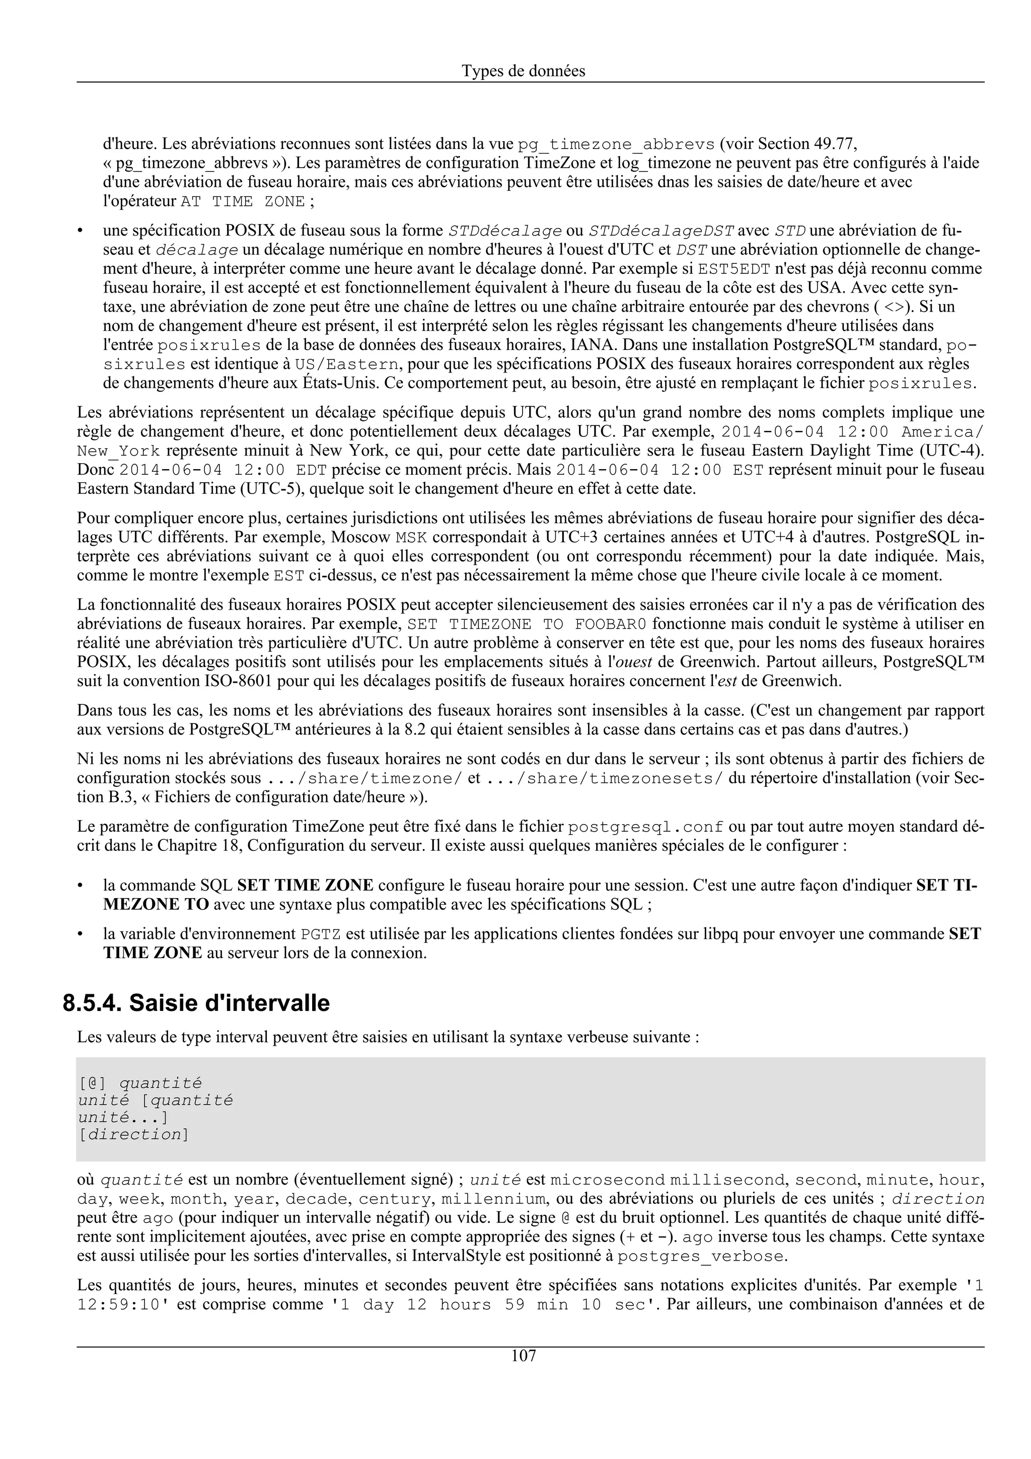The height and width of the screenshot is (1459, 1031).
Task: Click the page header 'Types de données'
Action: (x=523, y=71)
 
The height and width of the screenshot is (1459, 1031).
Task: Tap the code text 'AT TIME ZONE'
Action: (x=243, y=202)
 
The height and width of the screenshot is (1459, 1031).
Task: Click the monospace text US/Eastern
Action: (x=348, y=364)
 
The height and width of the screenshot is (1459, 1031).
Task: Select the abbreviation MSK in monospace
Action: (x=411, y=538)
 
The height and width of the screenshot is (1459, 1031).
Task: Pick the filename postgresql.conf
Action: (x=645, y=827)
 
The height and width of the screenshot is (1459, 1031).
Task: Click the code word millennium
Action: (x=493, y=1200)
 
